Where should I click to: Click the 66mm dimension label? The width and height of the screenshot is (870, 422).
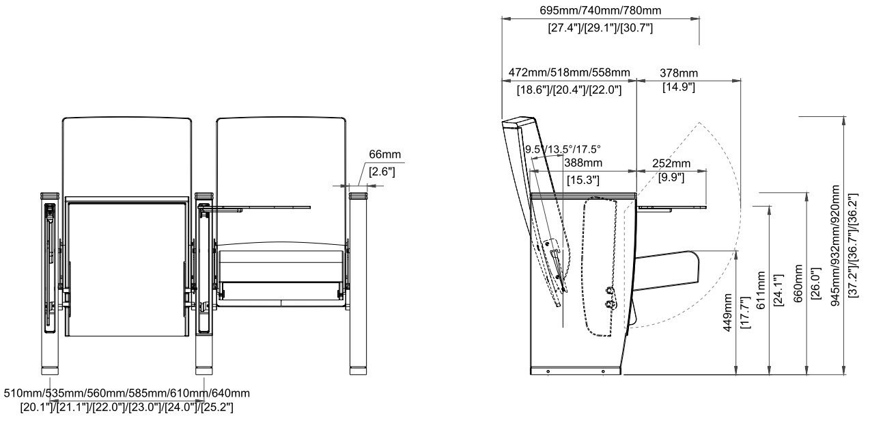click(x=384, y=155)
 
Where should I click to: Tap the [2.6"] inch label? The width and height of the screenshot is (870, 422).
click(x=382, y=172)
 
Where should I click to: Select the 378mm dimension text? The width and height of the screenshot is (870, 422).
click(x=679, y=72)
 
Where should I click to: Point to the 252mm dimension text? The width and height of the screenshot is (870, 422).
click(x=671, y=163)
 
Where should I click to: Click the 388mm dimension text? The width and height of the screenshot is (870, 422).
click(x=583, y=163)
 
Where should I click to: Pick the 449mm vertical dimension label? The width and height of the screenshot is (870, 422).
click(x=727, y=313)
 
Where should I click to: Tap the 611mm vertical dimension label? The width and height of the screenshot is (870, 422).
click(x=761, y=290)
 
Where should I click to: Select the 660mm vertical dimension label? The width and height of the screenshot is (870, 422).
click(x=798, y=284)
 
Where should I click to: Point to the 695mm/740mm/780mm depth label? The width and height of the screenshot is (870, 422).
click(x=600, y=10)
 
